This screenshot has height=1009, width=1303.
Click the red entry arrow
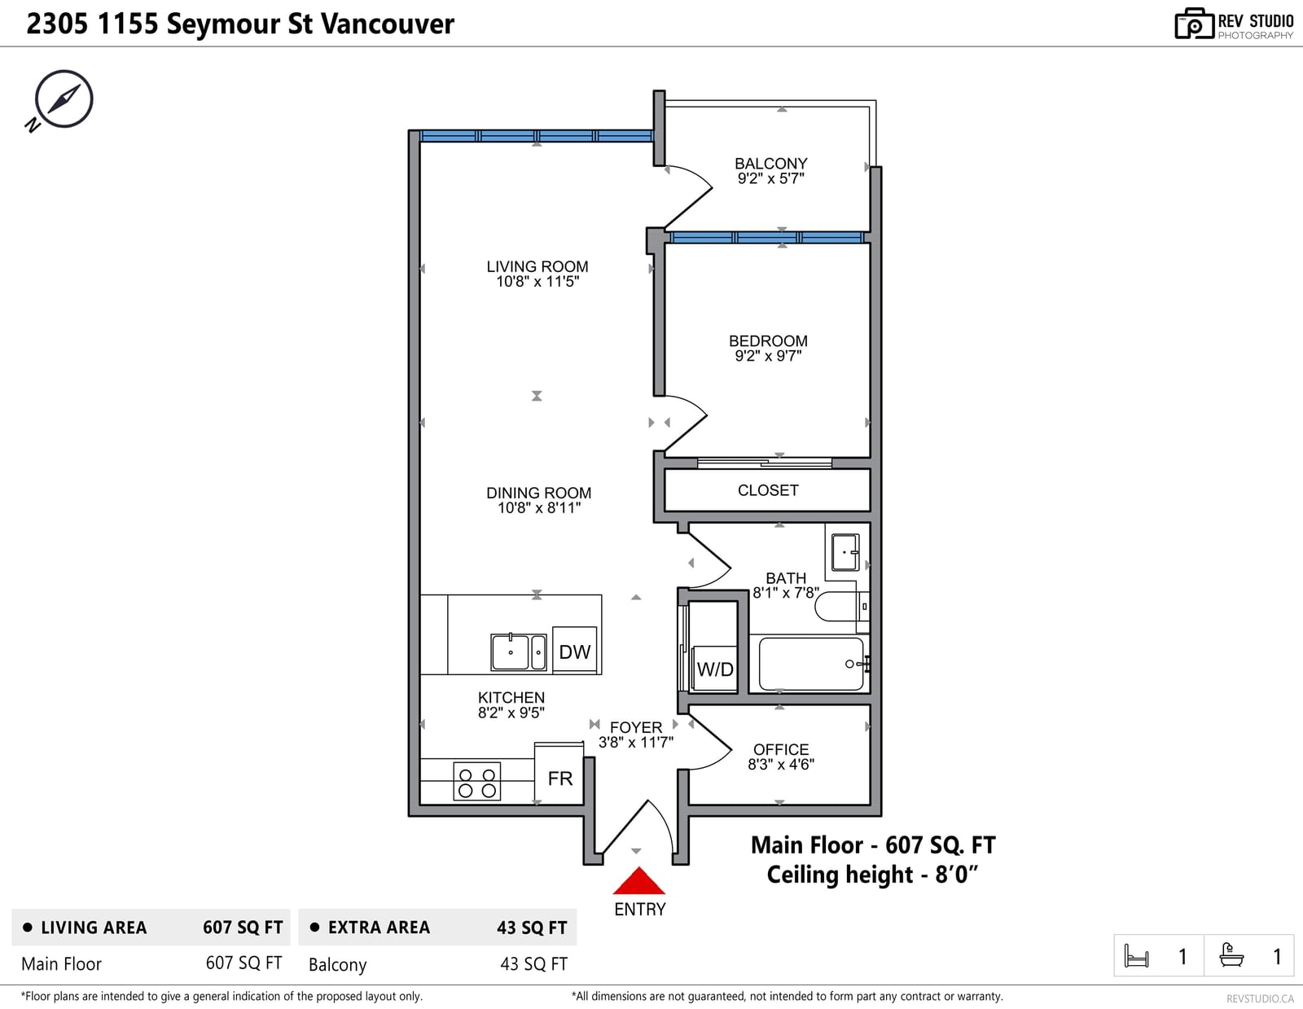(x=638, y=880)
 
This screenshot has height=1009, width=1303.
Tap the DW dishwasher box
(x=574, y=650)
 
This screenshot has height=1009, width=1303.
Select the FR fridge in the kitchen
(x=559, y=774)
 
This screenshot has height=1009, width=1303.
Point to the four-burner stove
(x=476, y=782)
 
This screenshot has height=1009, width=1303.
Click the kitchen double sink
(x=519, y=651)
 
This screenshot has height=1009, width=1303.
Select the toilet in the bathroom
(x=840, y=606)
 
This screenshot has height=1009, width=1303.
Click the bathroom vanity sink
(x=845, y=552)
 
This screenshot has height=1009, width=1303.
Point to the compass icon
(x=63, y=99)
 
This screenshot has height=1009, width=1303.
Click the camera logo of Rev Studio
(x=1194, y=24)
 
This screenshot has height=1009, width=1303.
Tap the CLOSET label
(x=767, y=490)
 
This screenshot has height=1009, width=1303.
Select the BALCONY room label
(x=770, y=163)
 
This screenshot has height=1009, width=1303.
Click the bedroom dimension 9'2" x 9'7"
(x=768, y=356)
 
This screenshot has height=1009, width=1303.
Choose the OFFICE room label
(x=781, y=749)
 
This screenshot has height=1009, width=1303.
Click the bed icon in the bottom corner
(x=1136, y=956)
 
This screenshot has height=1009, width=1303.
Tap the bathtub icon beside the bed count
(x=1231, y=955)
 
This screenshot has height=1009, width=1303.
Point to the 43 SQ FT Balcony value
(x=533, y=964)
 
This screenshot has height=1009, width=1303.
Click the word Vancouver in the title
(x=388, y=24)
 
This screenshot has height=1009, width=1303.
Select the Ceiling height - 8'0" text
(x=872, y=875)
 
